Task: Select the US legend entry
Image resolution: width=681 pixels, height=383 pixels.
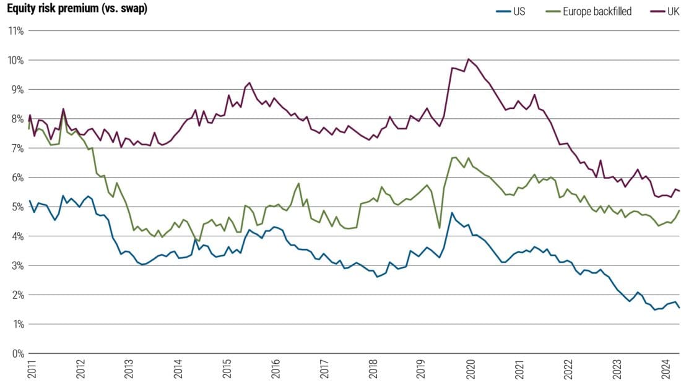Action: tap(519, 11)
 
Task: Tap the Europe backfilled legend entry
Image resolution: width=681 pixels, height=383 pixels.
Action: tap(598, 11)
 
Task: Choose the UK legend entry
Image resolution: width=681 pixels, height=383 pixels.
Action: tap(672, 11)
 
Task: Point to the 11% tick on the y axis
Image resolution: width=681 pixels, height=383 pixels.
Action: tap(15, 30)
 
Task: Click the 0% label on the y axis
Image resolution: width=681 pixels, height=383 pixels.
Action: tap(17, 353)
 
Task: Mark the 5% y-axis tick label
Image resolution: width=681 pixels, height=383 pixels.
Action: tap(17, 207)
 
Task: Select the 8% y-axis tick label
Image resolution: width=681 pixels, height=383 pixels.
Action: tap(17, 119)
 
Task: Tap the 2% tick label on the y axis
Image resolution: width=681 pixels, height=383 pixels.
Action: tap(17, 295)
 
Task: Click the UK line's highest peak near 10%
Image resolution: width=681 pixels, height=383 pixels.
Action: tap(469, 59)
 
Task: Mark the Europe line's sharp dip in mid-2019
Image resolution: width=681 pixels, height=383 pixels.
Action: tap(440, 228)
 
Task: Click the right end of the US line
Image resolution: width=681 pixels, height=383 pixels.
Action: tap(679, 308)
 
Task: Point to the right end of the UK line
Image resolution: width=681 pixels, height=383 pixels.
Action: tap(679, 191)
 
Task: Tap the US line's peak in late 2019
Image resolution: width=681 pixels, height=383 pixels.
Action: tap(452, 213)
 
